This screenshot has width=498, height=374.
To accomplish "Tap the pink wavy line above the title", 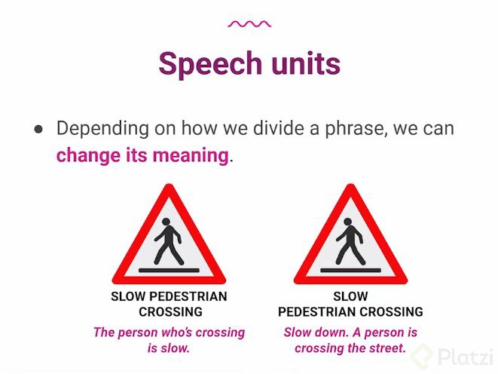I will pos(249,24).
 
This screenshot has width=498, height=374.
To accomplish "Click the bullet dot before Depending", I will pos(38,129).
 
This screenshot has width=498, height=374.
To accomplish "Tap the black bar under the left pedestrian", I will pos(169,268).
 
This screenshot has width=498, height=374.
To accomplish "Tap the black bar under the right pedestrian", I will pos(350,268).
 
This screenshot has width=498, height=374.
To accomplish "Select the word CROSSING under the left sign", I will pos(170,311).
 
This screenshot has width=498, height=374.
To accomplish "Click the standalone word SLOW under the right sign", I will pos(350,296).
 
